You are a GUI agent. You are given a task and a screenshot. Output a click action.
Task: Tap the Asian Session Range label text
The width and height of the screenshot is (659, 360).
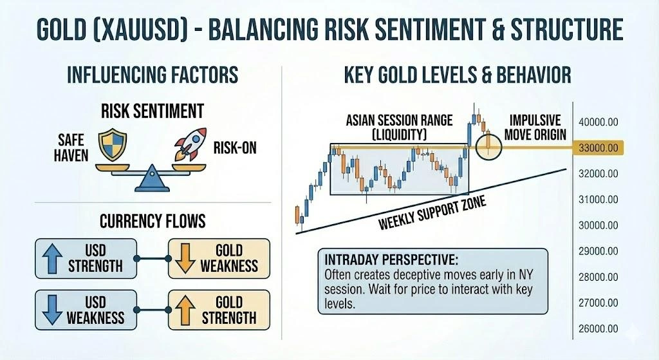[399, 126]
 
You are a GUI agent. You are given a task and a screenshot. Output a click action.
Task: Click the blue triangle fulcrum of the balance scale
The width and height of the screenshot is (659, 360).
[153, 176]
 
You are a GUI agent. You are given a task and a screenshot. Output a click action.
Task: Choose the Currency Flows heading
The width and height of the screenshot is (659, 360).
[153, 222]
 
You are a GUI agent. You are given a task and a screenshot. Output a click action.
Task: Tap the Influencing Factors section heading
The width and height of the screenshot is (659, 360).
[153, 75]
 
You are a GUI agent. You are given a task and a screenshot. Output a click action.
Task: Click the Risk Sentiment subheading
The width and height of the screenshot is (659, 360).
[153, 111]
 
